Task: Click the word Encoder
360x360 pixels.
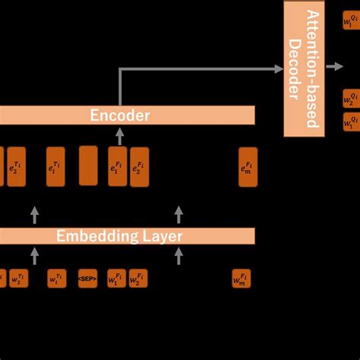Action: point(120,116)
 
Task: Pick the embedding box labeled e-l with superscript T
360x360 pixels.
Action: point(55,167)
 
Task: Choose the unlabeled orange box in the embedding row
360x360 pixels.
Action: point(88,166)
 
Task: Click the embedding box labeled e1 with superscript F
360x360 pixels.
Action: point(117,167)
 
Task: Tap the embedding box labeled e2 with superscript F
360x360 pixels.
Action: point(139,167)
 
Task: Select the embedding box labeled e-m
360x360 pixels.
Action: point(248,167)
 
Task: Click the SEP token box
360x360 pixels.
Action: point(87,278)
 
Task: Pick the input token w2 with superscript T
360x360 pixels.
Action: point(17,278)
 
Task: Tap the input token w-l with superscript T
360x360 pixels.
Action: point(56,278)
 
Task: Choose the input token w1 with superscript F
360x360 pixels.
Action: point(116,278)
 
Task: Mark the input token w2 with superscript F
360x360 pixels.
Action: point(137,278)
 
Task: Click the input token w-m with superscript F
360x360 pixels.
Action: point(241,278)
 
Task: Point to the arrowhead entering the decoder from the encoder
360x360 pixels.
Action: point(279,68)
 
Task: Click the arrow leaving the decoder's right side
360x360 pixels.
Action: point(335,67)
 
